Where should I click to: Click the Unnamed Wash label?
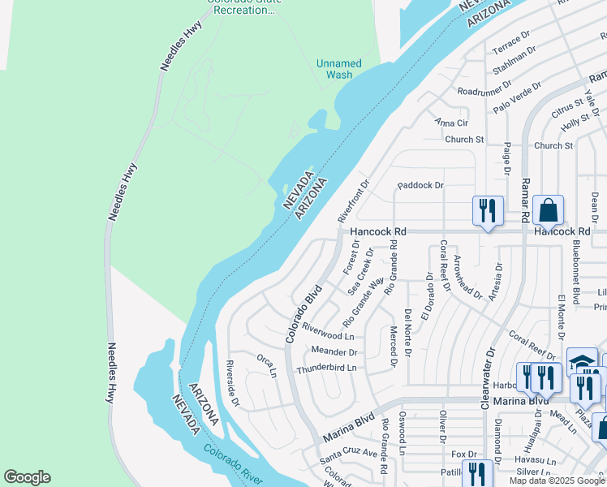point(339,69)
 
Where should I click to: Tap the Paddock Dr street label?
point(420,186)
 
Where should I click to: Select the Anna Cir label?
point(452,123)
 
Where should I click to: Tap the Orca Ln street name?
point(267,365)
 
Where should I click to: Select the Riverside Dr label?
point(232,382)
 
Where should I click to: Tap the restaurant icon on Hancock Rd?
point(488,211)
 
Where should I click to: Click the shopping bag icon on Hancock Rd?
point(549,210)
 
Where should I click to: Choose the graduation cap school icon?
point(582,361)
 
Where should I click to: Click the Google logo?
point(27,477)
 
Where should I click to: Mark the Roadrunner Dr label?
point(484,87)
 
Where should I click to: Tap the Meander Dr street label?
point(334,351)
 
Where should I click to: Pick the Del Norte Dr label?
point(408,332)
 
